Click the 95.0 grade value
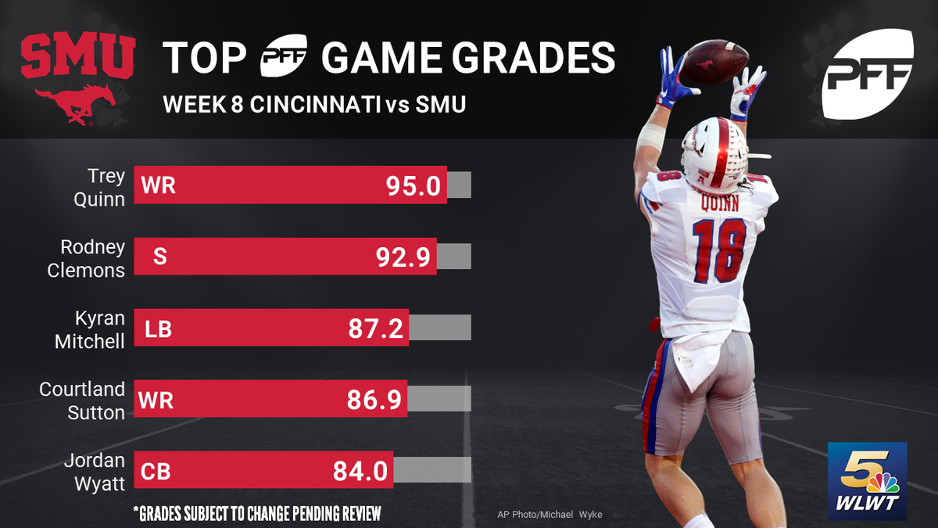click(x=414, y=185)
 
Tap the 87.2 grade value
click(x=376, y=329)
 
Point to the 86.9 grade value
click(x=374, y=400)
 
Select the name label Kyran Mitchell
click(x=90, y=329)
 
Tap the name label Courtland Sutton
click(x=82, y=400)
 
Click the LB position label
click(x=159, y=329)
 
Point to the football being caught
click(x=714, y=62)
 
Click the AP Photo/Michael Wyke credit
click(x=550, y=514)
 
